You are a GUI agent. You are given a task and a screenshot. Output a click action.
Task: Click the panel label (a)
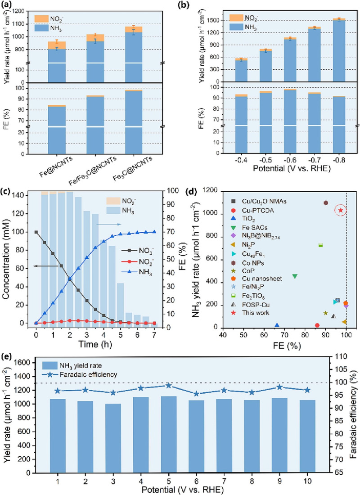[8, 6]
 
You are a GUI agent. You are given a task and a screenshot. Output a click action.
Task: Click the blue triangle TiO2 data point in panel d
[277, 325]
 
